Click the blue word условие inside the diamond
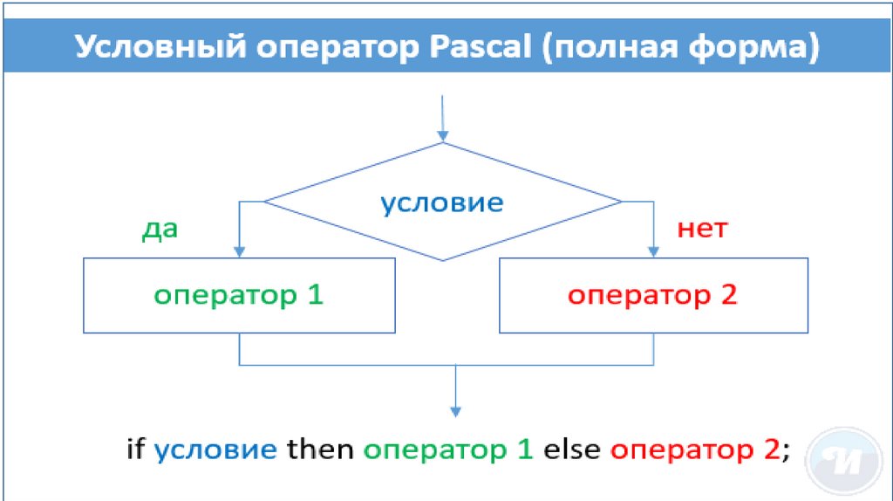(441, 203)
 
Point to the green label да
(160, 230)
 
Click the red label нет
(702, 230)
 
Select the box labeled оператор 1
(238, 295)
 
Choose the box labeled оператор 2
(652, 295)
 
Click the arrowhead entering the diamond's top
(443, 135)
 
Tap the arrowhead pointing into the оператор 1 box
(239, 251)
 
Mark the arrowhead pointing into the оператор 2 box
(653, 251)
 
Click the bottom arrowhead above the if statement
(455, 410)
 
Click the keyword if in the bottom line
(135, 450)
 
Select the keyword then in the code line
(320, 450)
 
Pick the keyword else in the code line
(571, 450)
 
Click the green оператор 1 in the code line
(447, 451)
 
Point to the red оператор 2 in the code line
(693, 451)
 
